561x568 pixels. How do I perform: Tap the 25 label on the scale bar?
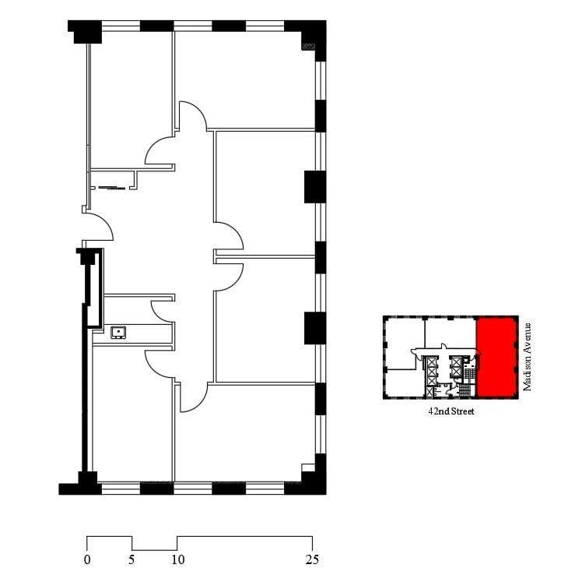tap(311, 559)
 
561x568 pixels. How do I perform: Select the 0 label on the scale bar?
tap(87, 559)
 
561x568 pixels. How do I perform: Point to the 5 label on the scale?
tap(131, 559)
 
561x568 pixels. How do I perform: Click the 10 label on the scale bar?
tap(177, 559)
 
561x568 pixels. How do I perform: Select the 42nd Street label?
tap(451, 411)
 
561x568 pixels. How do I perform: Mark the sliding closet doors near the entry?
tap(109, 187)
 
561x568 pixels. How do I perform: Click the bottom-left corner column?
tap(80, 484)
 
